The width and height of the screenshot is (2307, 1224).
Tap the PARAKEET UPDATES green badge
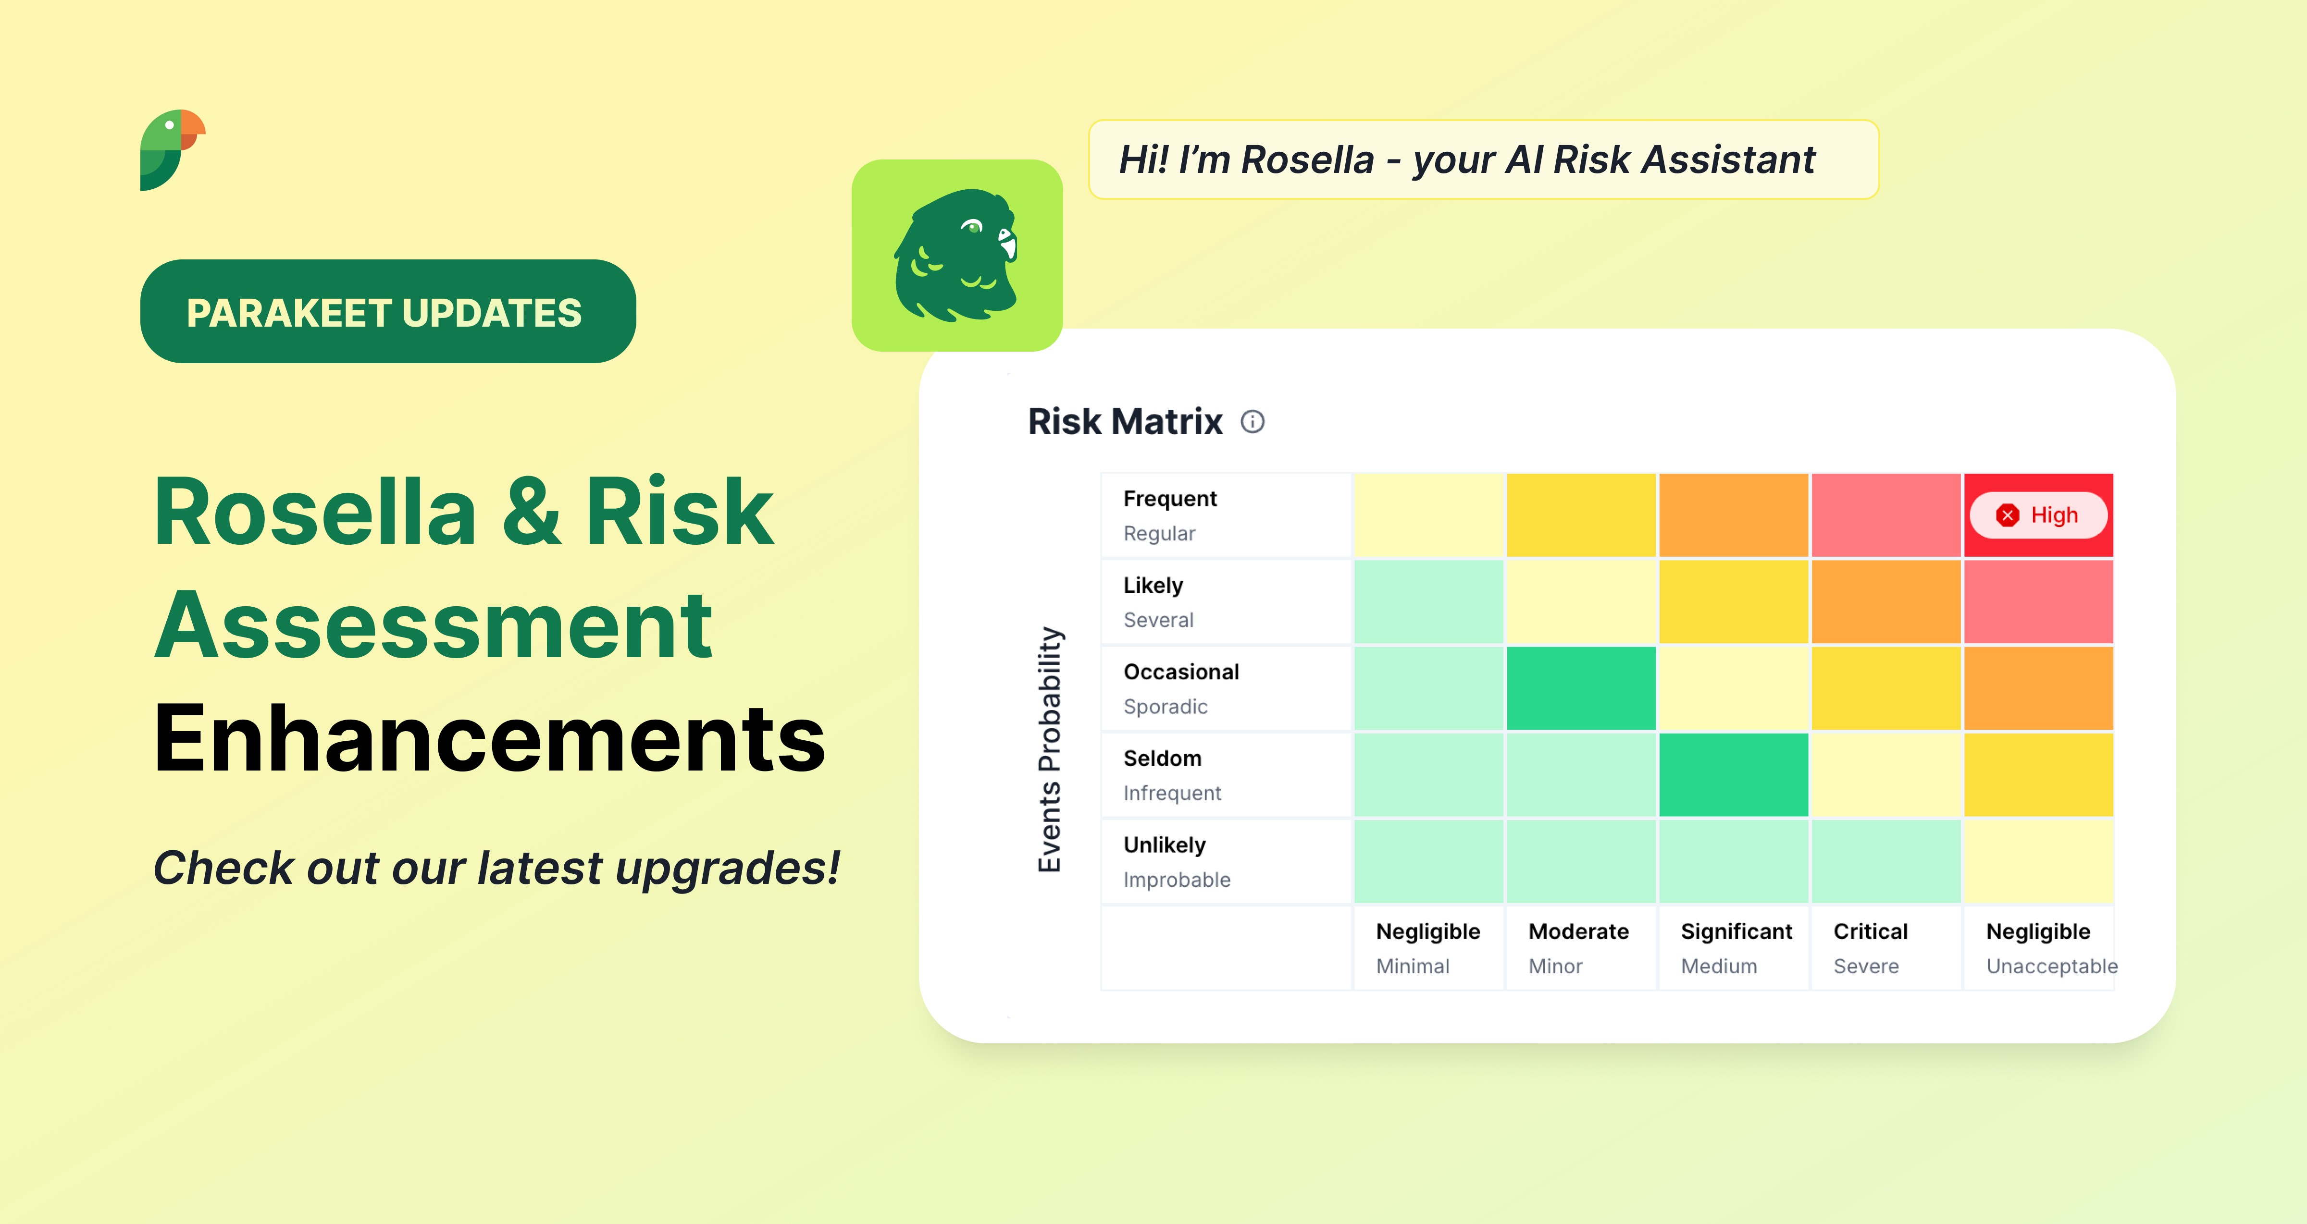coord(388,312)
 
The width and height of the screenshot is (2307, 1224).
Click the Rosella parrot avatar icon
coord(956,255)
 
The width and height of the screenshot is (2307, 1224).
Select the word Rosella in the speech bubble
coord(1307,159)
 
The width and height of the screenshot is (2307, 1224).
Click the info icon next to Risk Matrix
coord(1252,422)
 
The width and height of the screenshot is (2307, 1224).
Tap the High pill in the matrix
coord(2038,515)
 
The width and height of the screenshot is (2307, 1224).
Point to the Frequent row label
coord(1170,499)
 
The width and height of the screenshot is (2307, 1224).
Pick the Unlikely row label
coord(1164,845)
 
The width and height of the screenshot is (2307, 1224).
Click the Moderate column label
coord(1578,931)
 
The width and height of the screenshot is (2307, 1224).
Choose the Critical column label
coord(1870,931)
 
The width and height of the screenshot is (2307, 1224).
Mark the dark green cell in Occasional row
coord(1581,688)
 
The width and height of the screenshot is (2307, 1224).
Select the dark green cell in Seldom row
coord(1733,774)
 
